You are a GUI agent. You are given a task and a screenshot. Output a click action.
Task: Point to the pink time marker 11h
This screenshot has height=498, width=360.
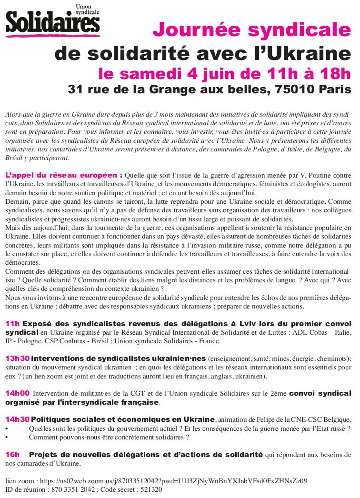(12, 324)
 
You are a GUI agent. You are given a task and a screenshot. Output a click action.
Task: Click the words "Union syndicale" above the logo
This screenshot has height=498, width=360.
(89, 9)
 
